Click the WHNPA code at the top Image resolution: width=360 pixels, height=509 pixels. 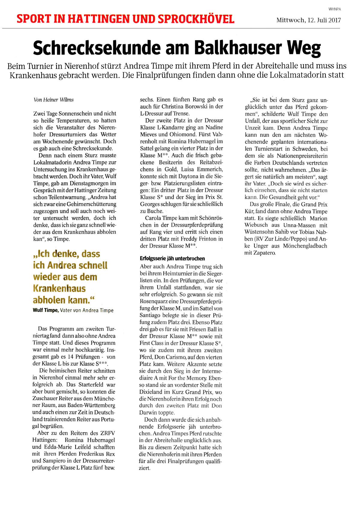[334, 9]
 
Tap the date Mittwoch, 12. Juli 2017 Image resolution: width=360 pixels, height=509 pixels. [308, 20]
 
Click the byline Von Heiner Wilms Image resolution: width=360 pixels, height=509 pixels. [54, 100]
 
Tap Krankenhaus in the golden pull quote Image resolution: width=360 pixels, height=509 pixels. [59, 289]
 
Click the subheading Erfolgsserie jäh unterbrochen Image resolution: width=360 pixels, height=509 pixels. [172, 259]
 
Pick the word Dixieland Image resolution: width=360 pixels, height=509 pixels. [151, 392]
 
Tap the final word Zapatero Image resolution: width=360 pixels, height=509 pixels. [264, 253]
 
